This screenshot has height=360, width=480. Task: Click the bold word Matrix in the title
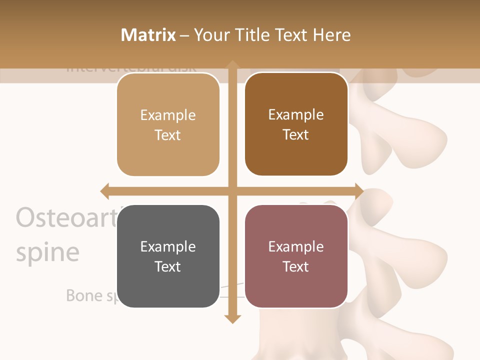tap(148, 35)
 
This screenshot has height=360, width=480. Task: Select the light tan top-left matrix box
tap(168, 125)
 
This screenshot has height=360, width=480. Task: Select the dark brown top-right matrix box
tap(296, 124)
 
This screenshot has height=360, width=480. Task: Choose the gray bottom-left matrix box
tap(168, 256)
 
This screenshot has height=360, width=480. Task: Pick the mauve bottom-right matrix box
tap(296, 256)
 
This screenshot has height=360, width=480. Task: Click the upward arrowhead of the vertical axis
tap(232, 65)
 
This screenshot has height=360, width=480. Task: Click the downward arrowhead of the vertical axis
tap(232, 318)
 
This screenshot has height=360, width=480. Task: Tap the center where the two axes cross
tap(232, 191)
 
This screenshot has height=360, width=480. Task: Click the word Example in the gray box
tap(168, 246)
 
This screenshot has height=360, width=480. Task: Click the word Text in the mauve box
tap(296, 266)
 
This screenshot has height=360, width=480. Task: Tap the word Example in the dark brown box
tap(296, 114)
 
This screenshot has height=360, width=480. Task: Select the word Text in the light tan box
tap(168, 135)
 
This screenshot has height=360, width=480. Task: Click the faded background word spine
tap(47, 252)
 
